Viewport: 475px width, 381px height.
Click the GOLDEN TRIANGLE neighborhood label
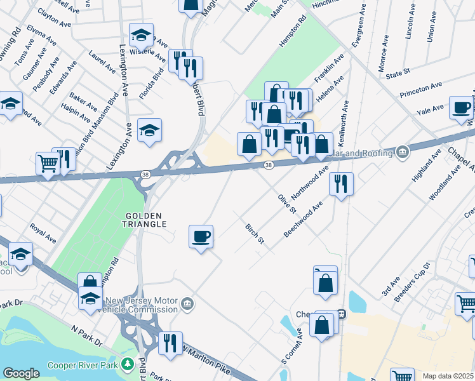pyautogui.click(x=145, y=220)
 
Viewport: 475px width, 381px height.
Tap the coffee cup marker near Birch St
pyautogui.click(x=201, y=237)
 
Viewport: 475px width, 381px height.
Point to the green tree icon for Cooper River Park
pyautogui.click(x=128, y=364)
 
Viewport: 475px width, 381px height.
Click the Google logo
pyautogui.click(x=21, y=373)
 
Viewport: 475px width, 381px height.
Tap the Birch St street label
pyautogui.click(x=254, y=234)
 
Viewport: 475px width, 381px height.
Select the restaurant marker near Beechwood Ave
pyautogui.click(x=342, y=184)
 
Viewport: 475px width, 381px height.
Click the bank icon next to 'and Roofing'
pyautogui.click(x=402, y=152)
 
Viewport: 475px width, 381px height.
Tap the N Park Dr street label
pyautogui.click(x=87, y=337)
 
